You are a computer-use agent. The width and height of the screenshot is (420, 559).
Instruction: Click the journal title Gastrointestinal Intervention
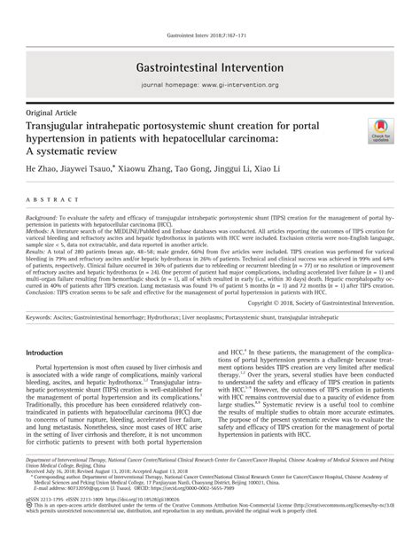(210, 67)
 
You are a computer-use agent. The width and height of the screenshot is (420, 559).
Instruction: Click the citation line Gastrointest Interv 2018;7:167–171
(210, 12)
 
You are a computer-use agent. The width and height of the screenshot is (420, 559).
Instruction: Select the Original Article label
(52, 115)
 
